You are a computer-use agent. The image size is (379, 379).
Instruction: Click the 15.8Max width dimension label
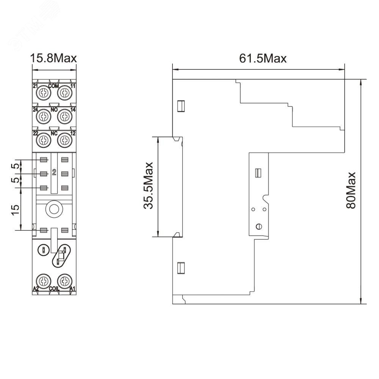point(53,58)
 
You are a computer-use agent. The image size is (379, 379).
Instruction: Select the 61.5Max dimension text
point(263,58)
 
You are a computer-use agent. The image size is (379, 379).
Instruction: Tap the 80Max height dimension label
point(351,190)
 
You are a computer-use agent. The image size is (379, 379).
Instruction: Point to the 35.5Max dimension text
point(148,186)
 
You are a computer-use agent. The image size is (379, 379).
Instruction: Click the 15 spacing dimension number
point(15,210)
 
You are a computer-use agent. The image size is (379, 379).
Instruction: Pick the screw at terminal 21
point(44,92)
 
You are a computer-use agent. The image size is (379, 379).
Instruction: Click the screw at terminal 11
point(65,92)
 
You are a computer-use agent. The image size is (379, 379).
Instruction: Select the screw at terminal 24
point(44,116)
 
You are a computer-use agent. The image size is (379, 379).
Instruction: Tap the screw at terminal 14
point(65,116)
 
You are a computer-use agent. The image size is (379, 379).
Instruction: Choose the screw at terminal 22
point(44,140)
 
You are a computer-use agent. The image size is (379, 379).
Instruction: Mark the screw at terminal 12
point(65,140)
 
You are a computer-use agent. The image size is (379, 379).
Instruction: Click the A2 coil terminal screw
point(44,281)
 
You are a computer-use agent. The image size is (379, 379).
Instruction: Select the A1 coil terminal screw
point(65,281)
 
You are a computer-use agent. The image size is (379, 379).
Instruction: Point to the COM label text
point(54,86)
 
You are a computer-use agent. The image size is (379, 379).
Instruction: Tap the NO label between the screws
point(54,110)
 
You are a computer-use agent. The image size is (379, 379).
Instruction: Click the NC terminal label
point(54,133)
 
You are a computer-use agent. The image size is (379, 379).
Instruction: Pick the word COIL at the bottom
point(54,288)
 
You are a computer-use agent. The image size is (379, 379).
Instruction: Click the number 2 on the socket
point(54,172)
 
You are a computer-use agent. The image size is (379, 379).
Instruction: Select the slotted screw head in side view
point(259,227)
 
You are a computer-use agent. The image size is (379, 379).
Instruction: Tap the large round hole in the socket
point(54,209)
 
